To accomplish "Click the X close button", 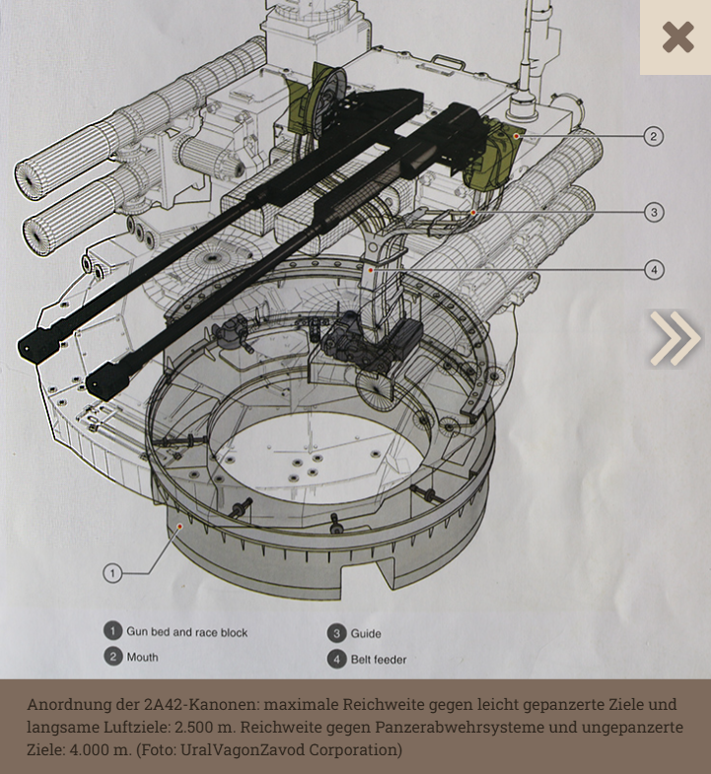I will [x=677, y=37].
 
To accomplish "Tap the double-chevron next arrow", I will [x=675, y=338].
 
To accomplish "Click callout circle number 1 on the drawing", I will [x=112, y=573].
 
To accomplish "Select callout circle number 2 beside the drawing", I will [x=653, y=136].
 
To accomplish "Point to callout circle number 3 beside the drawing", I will [x=653, y=212].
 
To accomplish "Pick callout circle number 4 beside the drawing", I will [x=653, y=269].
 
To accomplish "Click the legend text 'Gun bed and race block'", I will [x=186, y=632].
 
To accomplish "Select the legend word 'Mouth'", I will [x=142, y=657].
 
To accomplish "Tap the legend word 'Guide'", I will [x=365, y=633].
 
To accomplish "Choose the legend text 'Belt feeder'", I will [x=378, y=659].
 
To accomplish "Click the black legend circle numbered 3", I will [x=335, y=633].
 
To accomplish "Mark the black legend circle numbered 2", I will [x=113, y=657].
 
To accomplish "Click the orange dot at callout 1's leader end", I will [x=179, y=527].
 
